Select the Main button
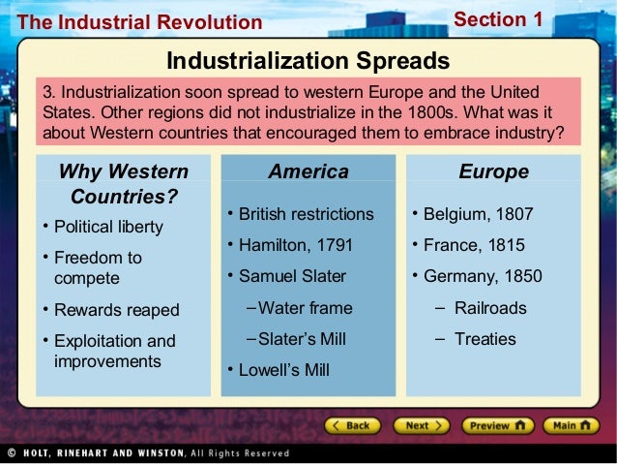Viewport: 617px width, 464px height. click(x=572, y=425)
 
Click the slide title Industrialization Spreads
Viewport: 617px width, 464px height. click(x=308, y=61)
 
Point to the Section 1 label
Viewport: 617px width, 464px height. click(x=498, y=19)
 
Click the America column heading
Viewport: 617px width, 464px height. click(x=308, y=171)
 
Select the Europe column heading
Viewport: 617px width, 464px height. click(x=493, y=171)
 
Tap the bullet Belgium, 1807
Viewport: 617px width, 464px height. click(x=478, y=214)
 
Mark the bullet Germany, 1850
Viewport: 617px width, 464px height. click(x=483, y=276)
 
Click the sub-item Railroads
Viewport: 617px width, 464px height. click(x=490, y=308)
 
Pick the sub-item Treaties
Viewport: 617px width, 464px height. click(x=485, y=339)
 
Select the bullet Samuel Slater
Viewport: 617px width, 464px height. click(x=292, y=276)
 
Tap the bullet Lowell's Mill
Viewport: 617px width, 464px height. click(x=284, y=370)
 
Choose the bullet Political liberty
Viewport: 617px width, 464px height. click(x=108, y=227)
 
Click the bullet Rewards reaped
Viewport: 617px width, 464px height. click(x=116, y=310)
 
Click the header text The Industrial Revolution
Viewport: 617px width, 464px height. click(x=139, y=22)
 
